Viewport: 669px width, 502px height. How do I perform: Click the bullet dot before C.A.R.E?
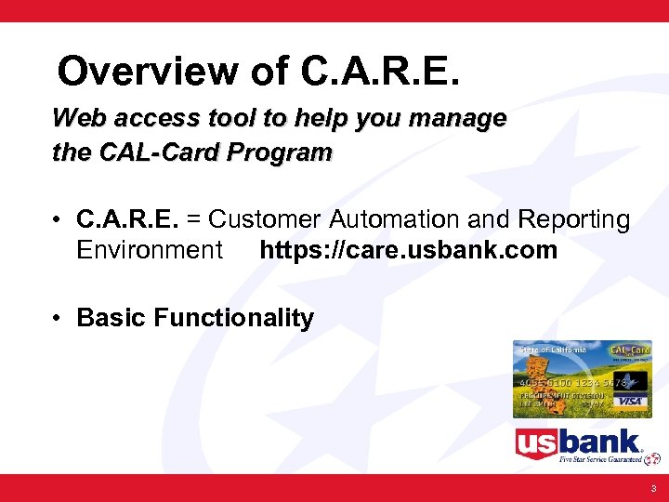coord(58,220)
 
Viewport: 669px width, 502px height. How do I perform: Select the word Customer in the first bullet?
coord(264,220)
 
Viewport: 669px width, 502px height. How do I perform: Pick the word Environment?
coord(150,250)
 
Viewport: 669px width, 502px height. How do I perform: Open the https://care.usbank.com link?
coord(408,250)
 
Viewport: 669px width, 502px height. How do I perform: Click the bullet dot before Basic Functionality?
coord(58,318)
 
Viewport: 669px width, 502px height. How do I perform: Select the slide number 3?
coord(653,488)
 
